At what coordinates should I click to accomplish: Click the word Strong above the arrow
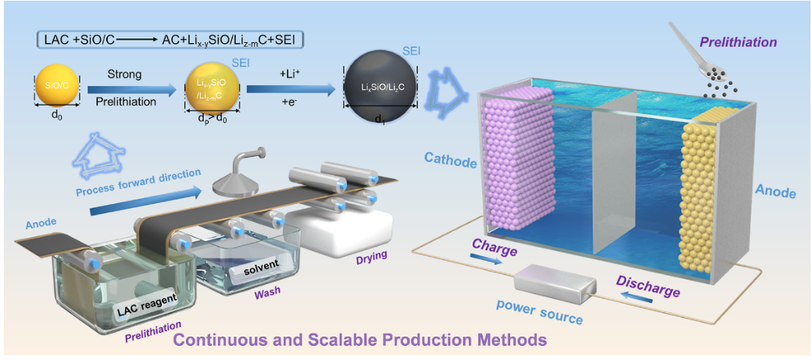click(x=125, y=75)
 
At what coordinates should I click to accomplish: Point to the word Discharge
click(x=648, y=286)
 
